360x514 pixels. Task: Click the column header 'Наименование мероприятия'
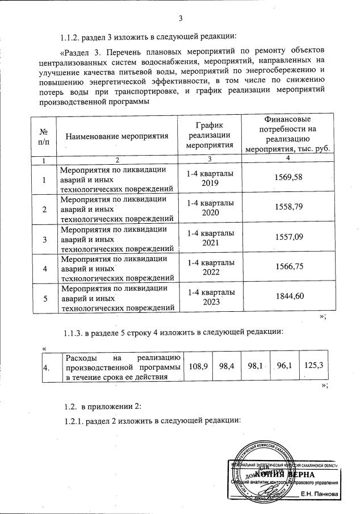pyautogui.click(x=118, y=136)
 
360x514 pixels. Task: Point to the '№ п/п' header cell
pyautogui.click(x=44, y=136)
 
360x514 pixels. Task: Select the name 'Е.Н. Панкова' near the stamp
pyautogui.click(x=319, y=495)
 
